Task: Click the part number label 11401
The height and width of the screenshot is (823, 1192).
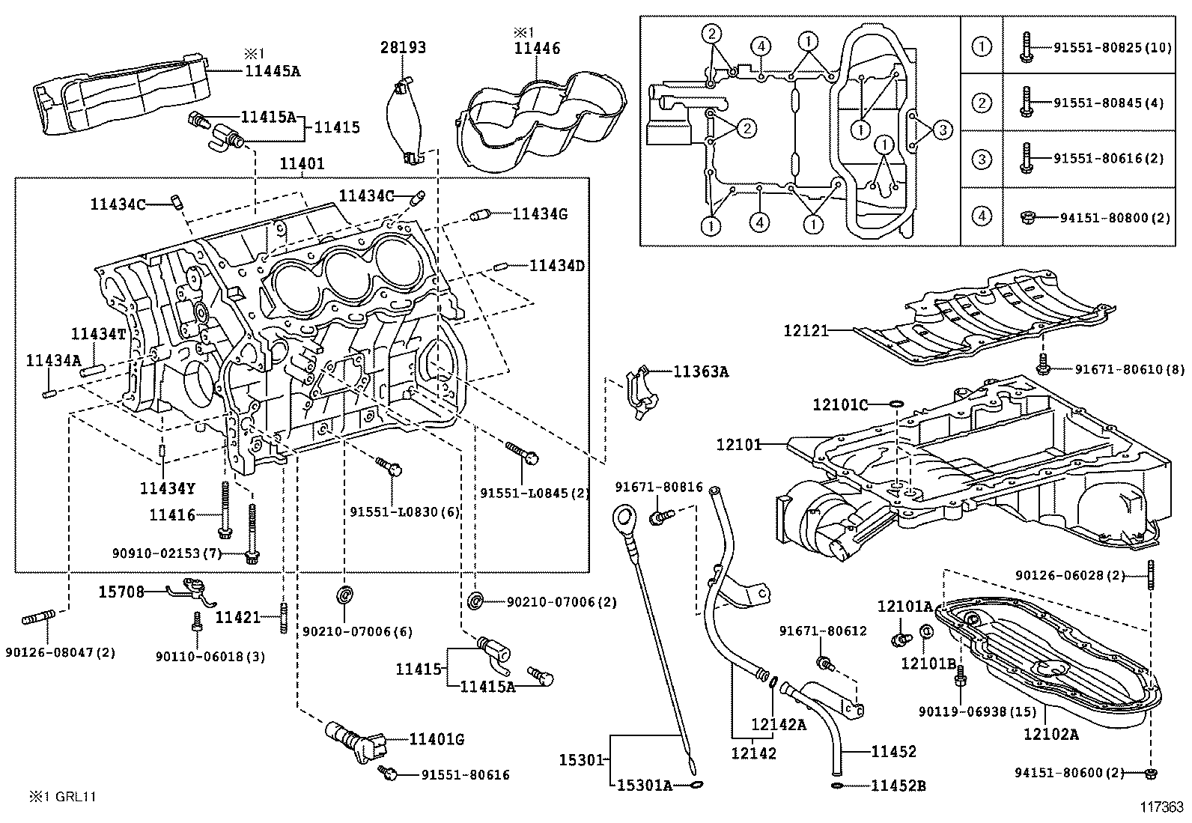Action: point(302,163)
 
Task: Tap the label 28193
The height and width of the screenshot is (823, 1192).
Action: point(403,48)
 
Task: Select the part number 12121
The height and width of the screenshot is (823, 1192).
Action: point(806,330)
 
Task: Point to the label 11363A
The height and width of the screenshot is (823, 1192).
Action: point(701,371)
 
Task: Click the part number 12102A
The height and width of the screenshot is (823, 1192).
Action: point(1051,734)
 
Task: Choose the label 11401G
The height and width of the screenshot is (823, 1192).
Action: point(437,739)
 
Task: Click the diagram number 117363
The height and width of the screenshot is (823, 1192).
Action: point(1161,807)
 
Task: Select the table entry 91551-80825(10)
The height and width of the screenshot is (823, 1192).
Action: point(1113,48)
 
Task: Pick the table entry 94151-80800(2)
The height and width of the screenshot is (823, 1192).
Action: point(1115,218)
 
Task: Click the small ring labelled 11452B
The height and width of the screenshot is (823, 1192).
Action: point(836,786)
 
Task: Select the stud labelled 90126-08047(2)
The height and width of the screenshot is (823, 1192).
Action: point(38,618)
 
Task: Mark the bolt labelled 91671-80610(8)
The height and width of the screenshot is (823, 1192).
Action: point(1042,366)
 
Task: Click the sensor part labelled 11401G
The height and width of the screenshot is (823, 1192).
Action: point(356,741)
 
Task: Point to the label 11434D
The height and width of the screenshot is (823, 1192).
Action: point(556,265)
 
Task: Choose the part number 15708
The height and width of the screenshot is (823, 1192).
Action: point(121,592)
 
